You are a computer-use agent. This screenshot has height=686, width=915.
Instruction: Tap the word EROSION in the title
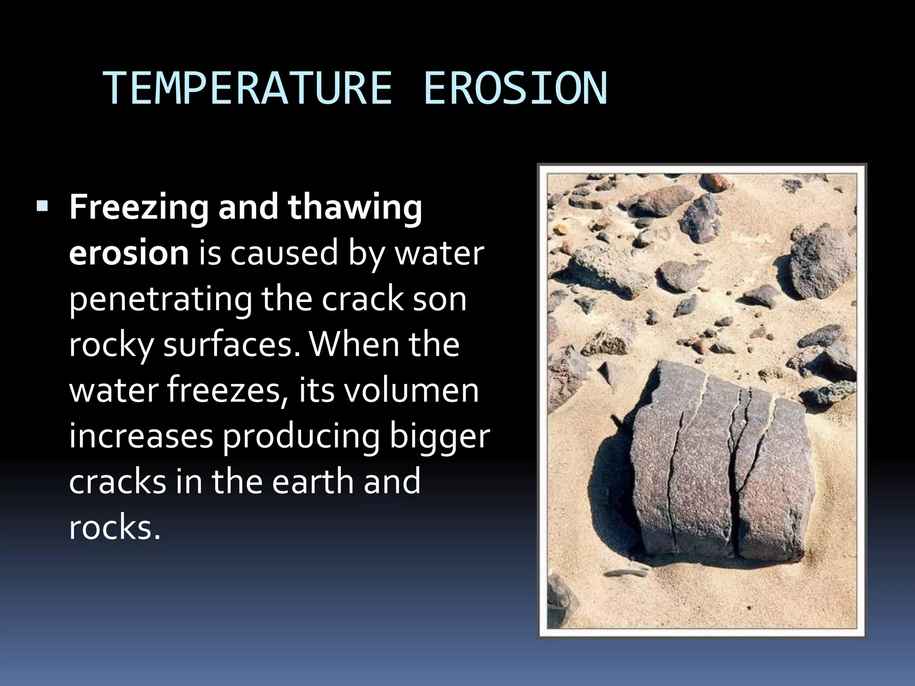(x=515, y=89)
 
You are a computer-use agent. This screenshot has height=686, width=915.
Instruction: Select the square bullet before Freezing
(x=43, y=206)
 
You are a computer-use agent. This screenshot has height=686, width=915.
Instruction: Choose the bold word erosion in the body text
(x=129, y=253)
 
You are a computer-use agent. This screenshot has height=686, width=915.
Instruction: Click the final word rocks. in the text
(x=114, y=528)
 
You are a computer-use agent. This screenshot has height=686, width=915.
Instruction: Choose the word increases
(x=141, y=437)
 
